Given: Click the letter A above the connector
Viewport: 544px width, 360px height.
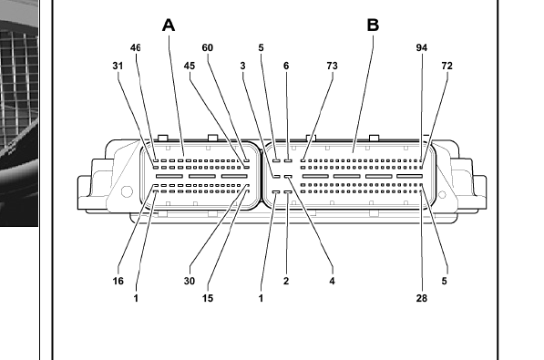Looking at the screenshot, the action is tap(169, 26).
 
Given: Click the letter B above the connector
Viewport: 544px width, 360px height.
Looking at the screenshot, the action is tap(373, 25).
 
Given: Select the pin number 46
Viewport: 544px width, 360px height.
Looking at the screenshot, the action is tap(135, 48).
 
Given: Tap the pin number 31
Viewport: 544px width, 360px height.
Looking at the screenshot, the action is tap(118, 66).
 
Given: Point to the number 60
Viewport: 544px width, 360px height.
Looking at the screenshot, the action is tap(208, 48).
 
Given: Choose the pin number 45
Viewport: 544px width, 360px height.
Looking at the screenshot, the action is tap(190, 66).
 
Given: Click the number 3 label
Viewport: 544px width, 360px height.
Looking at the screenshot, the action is tap(243, 66).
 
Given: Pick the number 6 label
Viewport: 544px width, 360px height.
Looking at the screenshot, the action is tap(286, 66).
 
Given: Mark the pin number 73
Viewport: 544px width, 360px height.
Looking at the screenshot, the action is tap(332, 66).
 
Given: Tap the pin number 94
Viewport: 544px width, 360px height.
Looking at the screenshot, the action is tap(422, 48).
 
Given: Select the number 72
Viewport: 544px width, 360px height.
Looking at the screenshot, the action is tap(446, 66).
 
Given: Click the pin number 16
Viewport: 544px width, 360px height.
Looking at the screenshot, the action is tap(118, 281).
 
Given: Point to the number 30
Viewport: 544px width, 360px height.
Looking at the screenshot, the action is tap(190, 281).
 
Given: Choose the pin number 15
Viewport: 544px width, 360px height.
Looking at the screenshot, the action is tap(208, 298).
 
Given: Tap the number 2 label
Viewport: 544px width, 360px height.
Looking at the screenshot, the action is tap(286, 281).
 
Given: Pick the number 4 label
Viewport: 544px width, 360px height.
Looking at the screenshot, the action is tap(332, 281).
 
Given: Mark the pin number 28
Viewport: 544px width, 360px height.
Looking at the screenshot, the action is tap(422, 298).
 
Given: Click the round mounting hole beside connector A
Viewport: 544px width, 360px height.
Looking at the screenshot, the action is tap(127, 191).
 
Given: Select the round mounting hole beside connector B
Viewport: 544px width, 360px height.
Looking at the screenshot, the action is tap(442, 194).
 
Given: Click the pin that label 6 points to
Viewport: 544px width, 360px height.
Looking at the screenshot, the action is tap(288, 160).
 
